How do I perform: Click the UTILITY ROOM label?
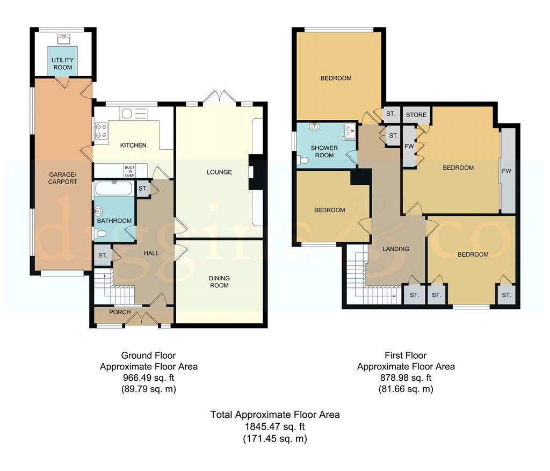(63, 64)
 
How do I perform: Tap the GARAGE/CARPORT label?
(63, 178)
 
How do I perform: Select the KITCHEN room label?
(133, 145)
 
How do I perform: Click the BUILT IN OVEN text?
(130, 171)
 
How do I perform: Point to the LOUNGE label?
(219, 172)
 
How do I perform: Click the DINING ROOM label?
(219, 282)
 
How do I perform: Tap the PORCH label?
(120, 312)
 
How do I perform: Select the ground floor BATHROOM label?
(114, 221)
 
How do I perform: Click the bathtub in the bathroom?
(114, 189)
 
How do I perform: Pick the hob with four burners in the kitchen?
(101, 131)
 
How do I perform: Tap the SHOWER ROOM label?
(324, 151)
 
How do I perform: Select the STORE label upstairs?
(416, 115)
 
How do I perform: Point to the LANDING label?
(396, 249)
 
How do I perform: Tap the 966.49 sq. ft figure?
(149, 378)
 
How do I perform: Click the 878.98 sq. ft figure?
(406, 378)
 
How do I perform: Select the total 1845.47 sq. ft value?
(274, 427)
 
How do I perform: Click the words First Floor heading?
(406, 356)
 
